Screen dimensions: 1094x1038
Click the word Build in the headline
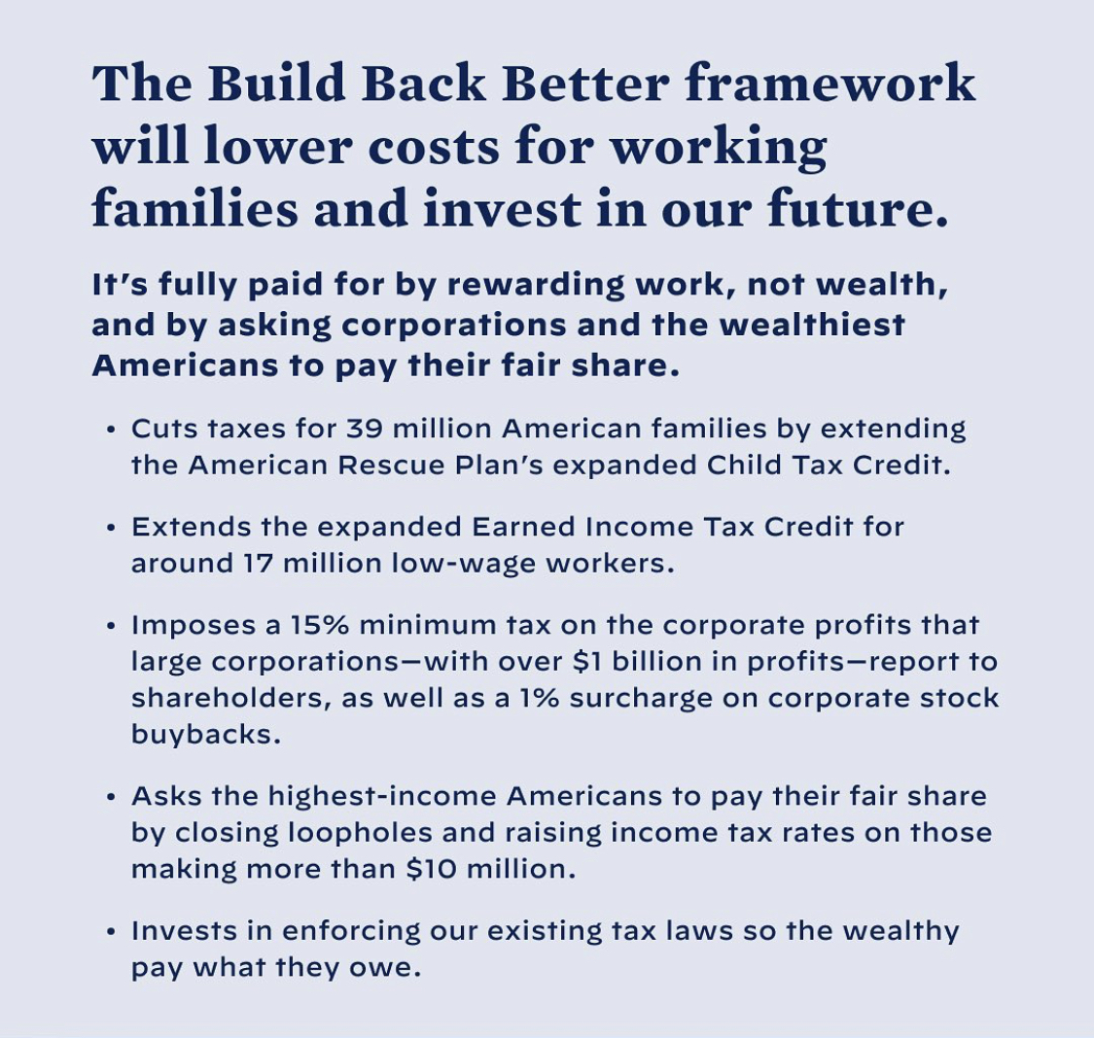276,83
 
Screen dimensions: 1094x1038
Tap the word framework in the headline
829,83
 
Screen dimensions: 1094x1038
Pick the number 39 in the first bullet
365,428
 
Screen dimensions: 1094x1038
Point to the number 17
258,564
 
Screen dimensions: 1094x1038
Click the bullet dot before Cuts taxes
110,430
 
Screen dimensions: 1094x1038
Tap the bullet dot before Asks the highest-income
110,797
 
